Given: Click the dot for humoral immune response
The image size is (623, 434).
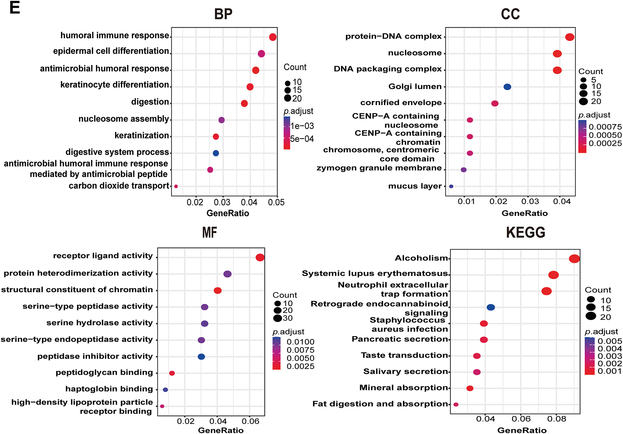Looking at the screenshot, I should click(273, 37).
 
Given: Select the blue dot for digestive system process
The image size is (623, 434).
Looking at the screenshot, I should click(216, 153).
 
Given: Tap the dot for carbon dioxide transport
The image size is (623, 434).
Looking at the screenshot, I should click(176, 186).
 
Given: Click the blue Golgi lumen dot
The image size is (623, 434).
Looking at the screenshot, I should click(507, 87).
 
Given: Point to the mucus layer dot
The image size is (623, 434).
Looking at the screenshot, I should click(451, 186).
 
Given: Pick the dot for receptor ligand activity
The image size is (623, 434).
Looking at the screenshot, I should click(260, 257).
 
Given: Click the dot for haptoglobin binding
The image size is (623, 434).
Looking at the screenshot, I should click(165, 390).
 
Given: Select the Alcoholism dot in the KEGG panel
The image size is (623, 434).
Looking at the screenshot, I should click(574, 259).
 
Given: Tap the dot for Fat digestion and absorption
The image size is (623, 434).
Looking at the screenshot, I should click(456, 405).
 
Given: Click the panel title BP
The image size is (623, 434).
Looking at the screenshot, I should click(223, 14).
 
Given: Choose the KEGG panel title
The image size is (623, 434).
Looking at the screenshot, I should click(526, 233).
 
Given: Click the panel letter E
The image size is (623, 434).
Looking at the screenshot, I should click(15, 8).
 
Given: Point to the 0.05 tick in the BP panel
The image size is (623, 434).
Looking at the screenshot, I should click(276, 202).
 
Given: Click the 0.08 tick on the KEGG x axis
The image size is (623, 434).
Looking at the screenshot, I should click(557, 419).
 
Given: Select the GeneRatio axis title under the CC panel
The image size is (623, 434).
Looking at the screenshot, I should click(525, 214).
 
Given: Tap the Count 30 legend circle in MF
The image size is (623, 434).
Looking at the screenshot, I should click(278, 318).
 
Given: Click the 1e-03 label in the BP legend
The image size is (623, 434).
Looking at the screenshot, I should click(303, 126).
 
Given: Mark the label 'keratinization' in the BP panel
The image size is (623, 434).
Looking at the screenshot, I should click(142, 136).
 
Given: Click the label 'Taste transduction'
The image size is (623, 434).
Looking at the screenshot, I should click(404, 355).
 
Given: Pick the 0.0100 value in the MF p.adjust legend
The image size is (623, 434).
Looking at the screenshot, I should click(300, 342).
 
